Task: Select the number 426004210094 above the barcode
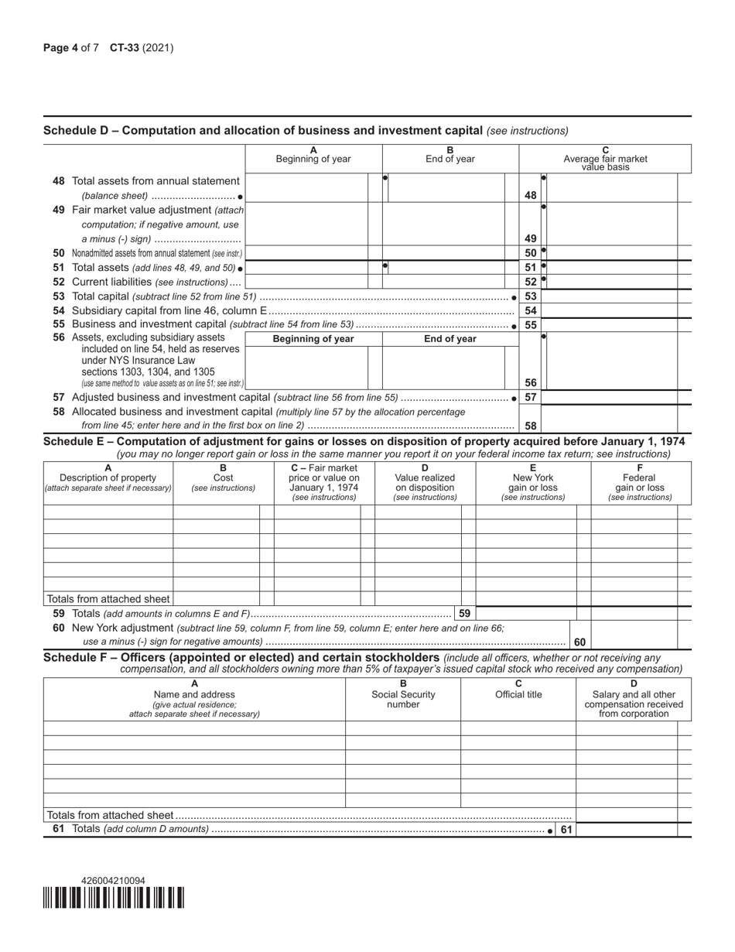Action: click(x=113, y=881)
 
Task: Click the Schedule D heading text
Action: click(x=263, y=130)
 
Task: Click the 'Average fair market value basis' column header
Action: click(x=605, y=159)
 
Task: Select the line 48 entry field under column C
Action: click(x=611, y=188)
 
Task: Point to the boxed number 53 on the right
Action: click(x=530, y=296)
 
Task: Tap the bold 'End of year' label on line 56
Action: click(x=450, y=339)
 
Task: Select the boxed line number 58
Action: click(x=530, y=426)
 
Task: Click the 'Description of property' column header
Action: click(x=108, y=478)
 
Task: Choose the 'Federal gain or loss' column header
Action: click(x=640, y=483)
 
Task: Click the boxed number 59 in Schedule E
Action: click(x=464, y=613)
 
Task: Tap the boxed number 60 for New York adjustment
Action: click(x=579, y=642)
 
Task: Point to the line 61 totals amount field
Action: click(x=627, y=830)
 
